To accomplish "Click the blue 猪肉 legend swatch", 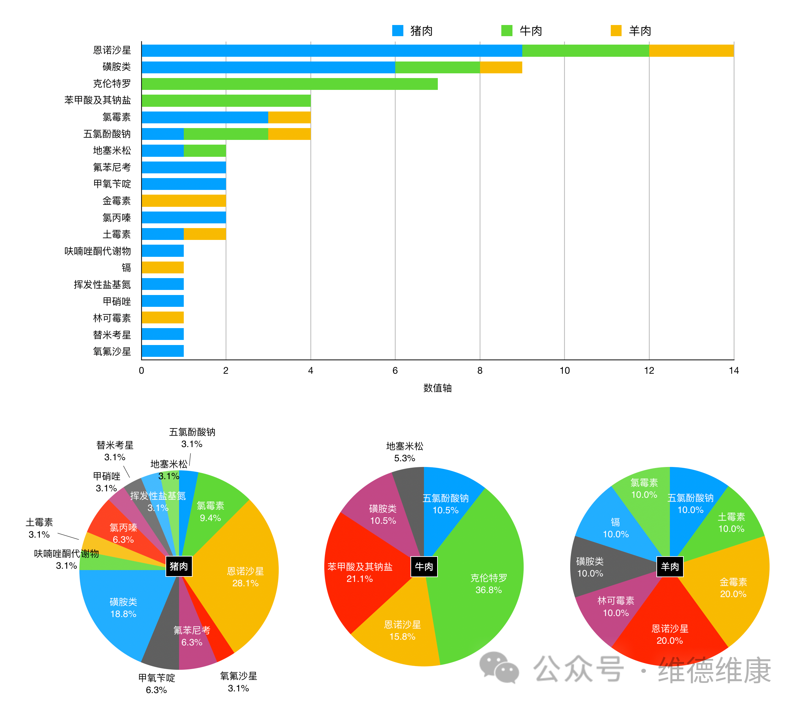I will click(398, 31).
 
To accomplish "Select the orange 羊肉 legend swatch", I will click(616, 31).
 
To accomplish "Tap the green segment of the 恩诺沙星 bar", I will click(585, 51).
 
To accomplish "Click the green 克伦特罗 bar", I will click(290, 84).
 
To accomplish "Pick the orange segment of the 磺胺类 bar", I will click(501, 67).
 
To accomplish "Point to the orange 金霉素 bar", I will click(184, 201).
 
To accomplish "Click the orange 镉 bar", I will click(162, 268).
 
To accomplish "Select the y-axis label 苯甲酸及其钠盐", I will click(98, 100).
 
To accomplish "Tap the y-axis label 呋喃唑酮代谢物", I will click(98, 251).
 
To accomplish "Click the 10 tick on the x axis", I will click(564, 370).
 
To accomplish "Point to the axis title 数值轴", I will click(437, 388).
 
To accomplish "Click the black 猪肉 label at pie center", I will click(179, 566).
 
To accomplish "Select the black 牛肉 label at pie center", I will click(424, 566).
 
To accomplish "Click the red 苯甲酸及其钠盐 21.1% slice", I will click(360, 572).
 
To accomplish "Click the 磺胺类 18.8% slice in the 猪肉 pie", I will click(123, 608).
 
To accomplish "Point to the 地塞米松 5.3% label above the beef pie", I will click(405, 452).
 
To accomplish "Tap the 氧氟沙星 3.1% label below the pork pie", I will click(238, 682).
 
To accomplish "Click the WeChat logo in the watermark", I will click(499, 667).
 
